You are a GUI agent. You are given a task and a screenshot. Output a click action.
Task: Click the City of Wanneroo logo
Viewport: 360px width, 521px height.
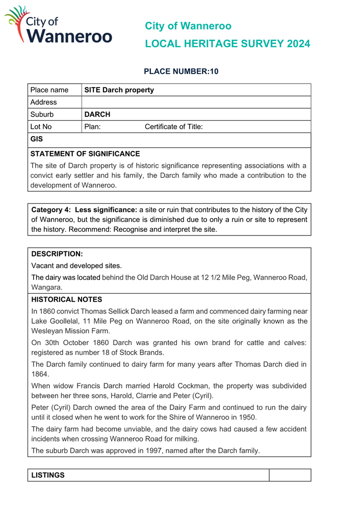point(59,25)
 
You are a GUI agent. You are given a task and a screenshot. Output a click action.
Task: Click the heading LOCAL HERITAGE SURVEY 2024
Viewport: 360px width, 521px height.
point(227,44)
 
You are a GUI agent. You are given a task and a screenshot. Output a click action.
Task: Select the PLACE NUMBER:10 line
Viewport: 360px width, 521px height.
point(181,71)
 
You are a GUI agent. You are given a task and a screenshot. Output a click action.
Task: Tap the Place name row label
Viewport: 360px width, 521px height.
point(49,90)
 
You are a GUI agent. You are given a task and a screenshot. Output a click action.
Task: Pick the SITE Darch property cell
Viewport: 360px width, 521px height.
point(119,90)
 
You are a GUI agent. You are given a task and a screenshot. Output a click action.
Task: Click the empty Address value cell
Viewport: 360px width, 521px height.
point(196,102)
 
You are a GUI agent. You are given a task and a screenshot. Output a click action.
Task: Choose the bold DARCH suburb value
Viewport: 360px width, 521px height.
point(97,115)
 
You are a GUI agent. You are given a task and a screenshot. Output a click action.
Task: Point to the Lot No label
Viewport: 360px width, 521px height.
point(41,127)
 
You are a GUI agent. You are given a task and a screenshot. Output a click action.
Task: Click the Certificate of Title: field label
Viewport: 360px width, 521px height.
point(174,127)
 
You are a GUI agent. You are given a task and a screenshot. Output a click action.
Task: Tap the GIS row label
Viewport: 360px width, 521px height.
point(37,139)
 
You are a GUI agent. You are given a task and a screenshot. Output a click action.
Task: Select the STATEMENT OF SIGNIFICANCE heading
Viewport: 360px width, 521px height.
point(85,153)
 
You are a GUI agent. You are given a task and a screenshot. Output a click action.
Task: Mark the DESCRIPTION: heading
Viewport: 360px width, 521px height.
point(57,253)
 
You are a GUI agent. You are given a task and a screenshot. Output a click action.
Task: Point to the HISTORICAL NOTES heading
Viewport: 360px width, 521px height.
point(67,300)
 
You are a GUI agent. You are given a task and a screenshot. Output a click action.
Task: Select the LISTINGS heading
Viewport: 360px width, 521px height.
point(48,475)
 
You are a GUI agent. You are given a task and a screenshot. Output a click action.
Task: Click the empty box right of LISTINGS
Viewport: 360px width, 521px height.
point(290,475)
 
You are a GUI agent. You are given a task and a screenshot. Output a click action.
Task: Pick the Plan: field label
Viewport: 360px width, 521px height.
point(92,127)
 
